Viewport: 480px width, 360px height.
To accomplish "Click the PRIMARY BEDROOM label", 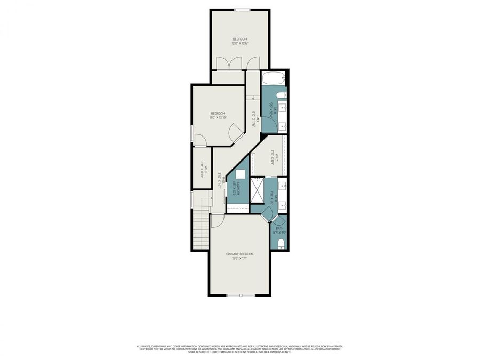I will (x=243, y=254).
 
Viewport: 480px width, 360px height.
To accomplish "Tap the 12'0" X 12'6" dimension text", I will (x=239, y=44).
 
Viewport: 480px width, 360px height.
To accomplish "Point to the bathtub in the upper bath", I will (x=274, y=80).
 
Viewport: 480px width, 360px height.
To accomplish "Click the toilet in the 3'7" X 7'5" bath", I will (x=281, y=245).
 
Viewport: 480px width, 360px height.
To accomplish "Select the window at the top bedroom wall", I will (x=243, y=9).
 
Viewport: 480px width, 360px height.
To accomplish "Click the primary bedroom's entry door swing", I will (x=217, y=220).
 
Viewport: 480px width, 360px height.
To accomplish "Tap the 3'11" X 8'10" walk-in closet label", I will (x=202, y=170).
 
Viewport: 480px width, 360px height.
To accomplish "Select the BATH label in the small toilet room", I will (x=279, y=228).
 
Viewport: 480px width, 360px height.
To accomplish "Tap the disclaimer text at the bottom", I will (x=239, y=349).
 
